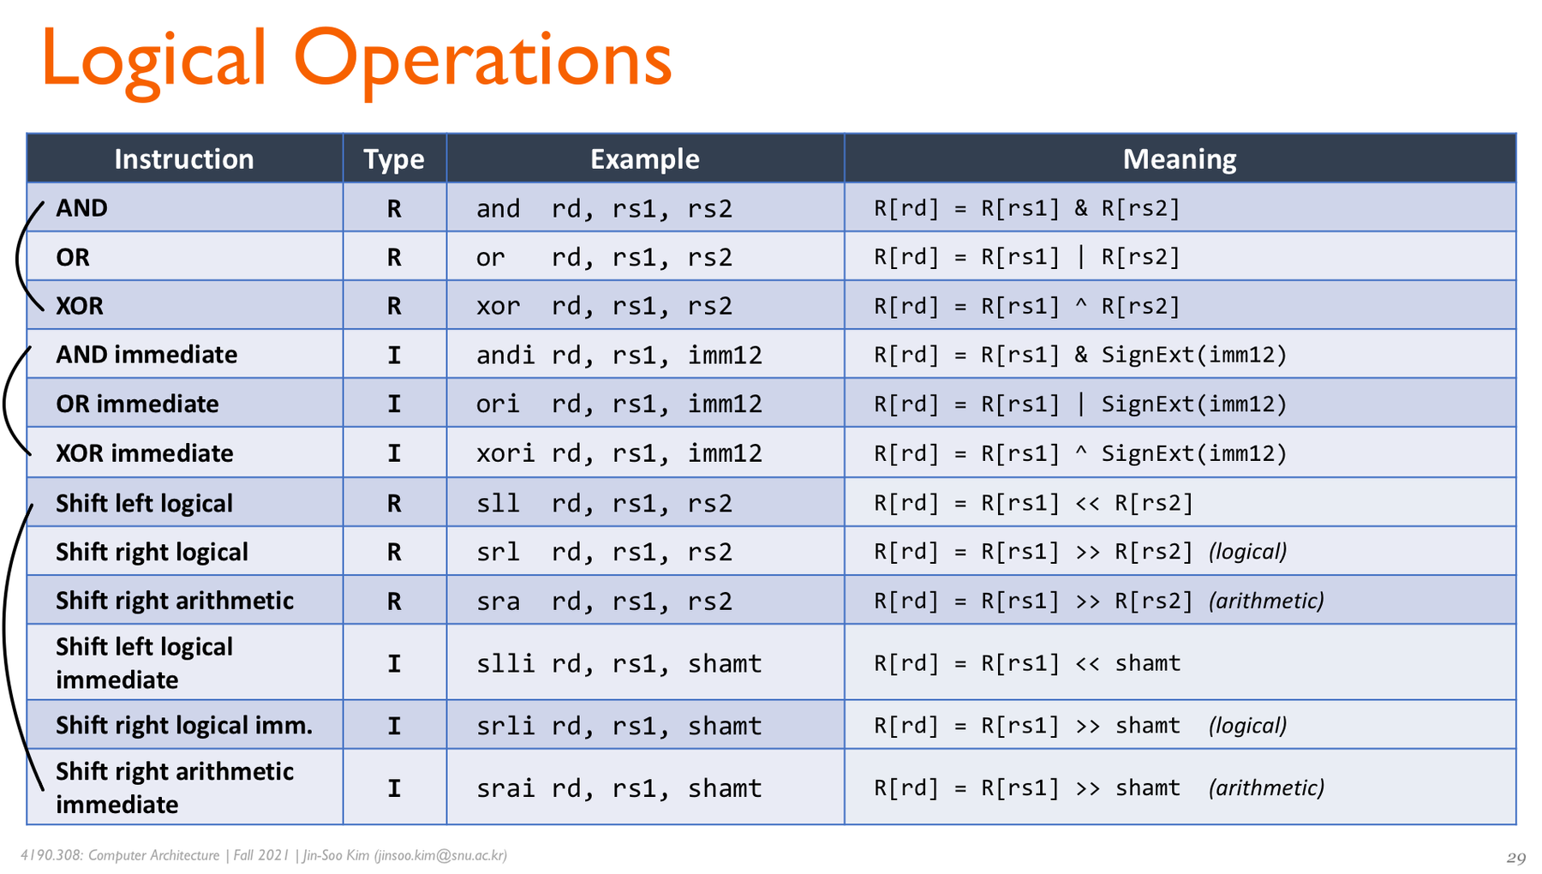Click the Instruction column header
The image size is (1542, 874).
184,159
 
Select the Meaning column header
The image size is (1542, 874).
1180,159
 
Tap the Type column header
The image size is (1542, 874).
394,159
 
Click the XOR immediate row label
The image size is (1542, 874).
145,452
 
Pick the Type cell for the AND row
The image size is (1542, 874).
394,208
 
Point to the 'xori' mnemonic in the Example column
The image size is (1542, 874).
505,452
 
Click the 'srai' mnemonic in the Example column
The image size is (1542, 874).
505,787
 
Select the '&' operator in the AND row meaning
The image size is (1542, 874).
1081,208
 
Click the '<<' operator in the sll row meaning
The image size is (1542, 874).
1087,503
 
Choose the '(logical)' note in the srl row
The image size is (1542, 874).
1248,552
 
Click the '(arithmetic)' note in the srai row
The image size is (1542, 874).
1267,787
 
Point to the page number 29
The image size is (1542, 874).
1516,858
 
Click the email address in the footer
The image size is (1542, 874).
440,855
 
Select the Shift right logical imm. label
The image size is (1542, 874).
184,725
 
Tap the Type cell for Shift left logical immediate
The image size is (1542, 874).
394,663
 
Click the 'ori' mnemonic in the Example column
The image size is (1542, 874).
498,404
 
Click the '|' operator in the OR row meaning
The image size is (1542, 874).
1081,257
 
